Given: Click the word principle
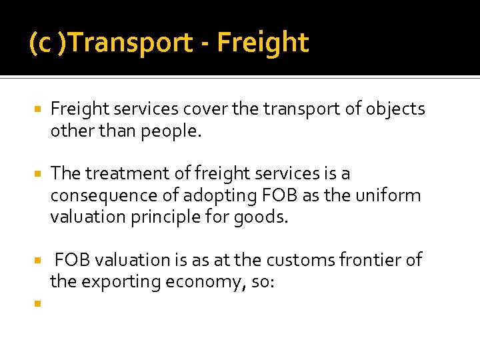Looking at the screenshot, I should coord(167,218).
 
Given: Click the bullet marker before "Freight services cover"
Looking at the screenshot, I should coord(37,109).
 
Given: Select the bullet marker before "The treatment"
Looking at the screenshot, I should coord(37,173).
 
